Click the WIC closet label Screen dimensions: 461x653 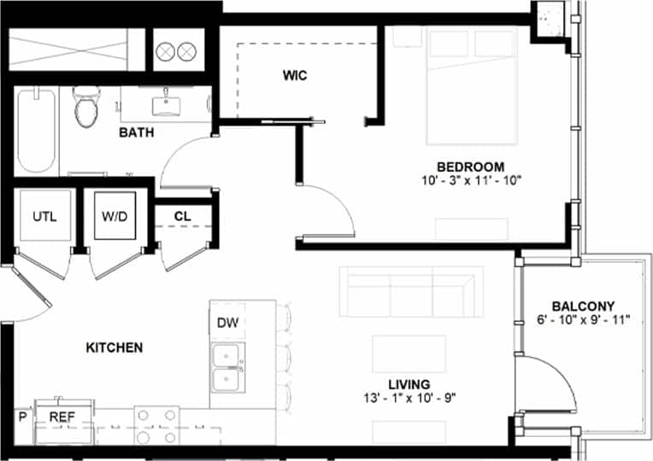point(295,75)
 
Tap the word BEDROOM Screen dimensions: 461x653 point(470,166)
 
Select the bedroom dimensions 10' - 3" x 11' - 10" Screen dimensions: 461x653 point(470,180)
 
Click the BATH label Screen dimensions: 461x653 point(136,132)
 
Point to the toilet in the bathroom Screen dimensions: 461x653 point(87,108)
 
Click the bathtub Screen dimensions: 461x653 point(36,132)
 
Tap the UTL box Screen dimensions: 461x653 point(44,216)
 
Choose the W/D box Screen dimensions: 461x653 point(114,216)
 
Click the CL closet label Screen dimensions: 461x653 point(182,216)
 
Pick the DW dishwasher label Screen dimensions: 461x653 point(226,323)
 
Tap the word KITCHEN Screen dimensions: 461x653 point(115,347)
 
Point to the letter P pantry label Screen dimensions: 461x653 point(21,417)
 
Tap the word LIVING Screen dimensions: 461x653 point(409,384)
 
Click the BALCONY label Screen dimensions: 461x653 point(583,306)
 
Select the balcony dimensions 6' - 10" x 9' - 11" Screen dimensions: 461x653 point(583,320)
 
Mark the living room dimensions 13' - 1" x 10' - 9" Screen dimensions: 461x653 point(409,398)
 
